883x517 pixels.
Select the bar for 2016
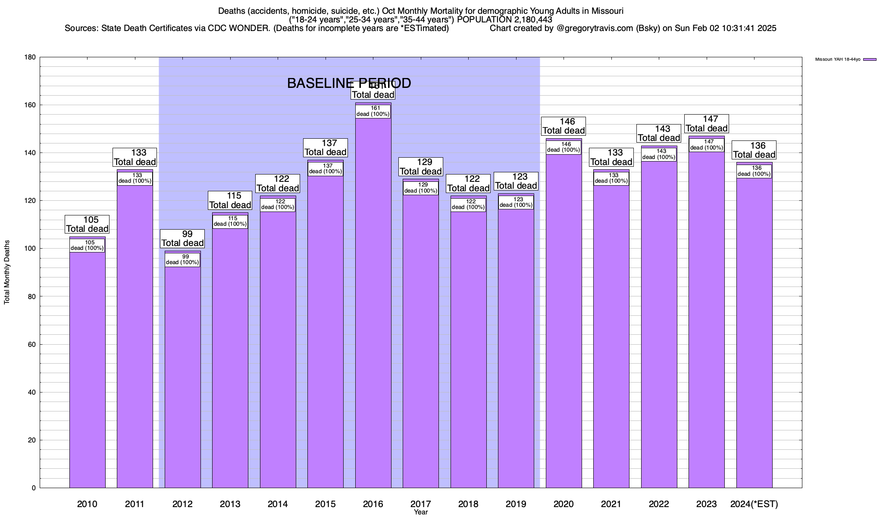click(x=373, y=302)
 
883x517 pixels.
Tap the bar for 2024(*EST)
click(x=754, y=332)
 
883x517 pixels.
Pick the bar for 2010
click(x=87, y=366)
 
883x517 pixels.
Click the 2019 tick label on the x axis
click(x=516, y=504)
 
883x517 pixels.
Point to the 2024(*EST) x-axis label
click(x=754, y=504)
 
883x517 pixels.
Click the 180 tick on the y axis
click(x=30, y=57)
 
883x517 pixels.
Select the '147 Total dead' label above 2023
click(x=707, y=124)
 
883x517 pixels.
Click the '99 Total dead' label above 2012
click(x=182, y=239)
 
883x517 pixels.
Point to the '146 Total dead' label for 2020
click(x=564, y=126)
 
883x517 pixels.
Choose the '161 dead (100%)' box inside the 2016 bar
click(x=373, y=111)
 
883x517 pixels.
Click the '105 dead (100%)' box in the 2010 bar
click(x=87, y=245)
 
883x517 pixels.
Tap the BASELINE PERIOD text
click(x=349, y=83)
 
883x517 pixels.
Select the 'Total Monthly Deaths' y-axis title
click(x=7, y=278)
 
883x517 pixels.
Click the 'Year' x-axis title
click(x=420, y=512)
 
